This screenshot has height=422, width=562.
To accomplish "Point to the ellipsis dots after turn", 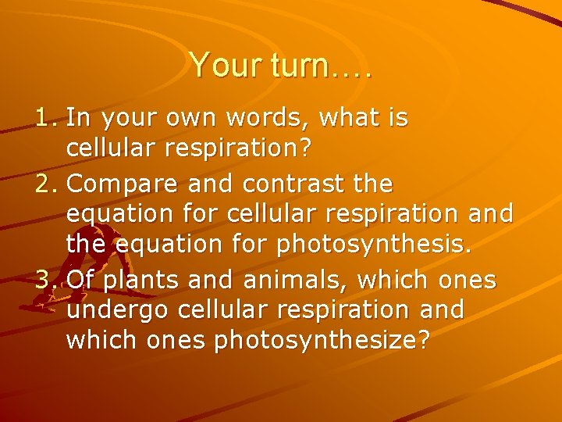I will click(x=355, y=74).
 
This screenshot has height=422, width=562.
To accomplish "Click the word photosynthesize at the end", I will click(x=321, y=342).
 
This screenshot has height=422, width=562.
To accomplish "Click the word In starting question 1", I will click(x=77, y=118).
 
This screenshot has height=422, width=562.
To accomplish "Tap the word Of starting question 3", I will click(x=80, y=279).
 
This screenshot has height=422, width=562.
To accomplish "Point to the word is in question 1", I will click(x=397, y=118).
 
